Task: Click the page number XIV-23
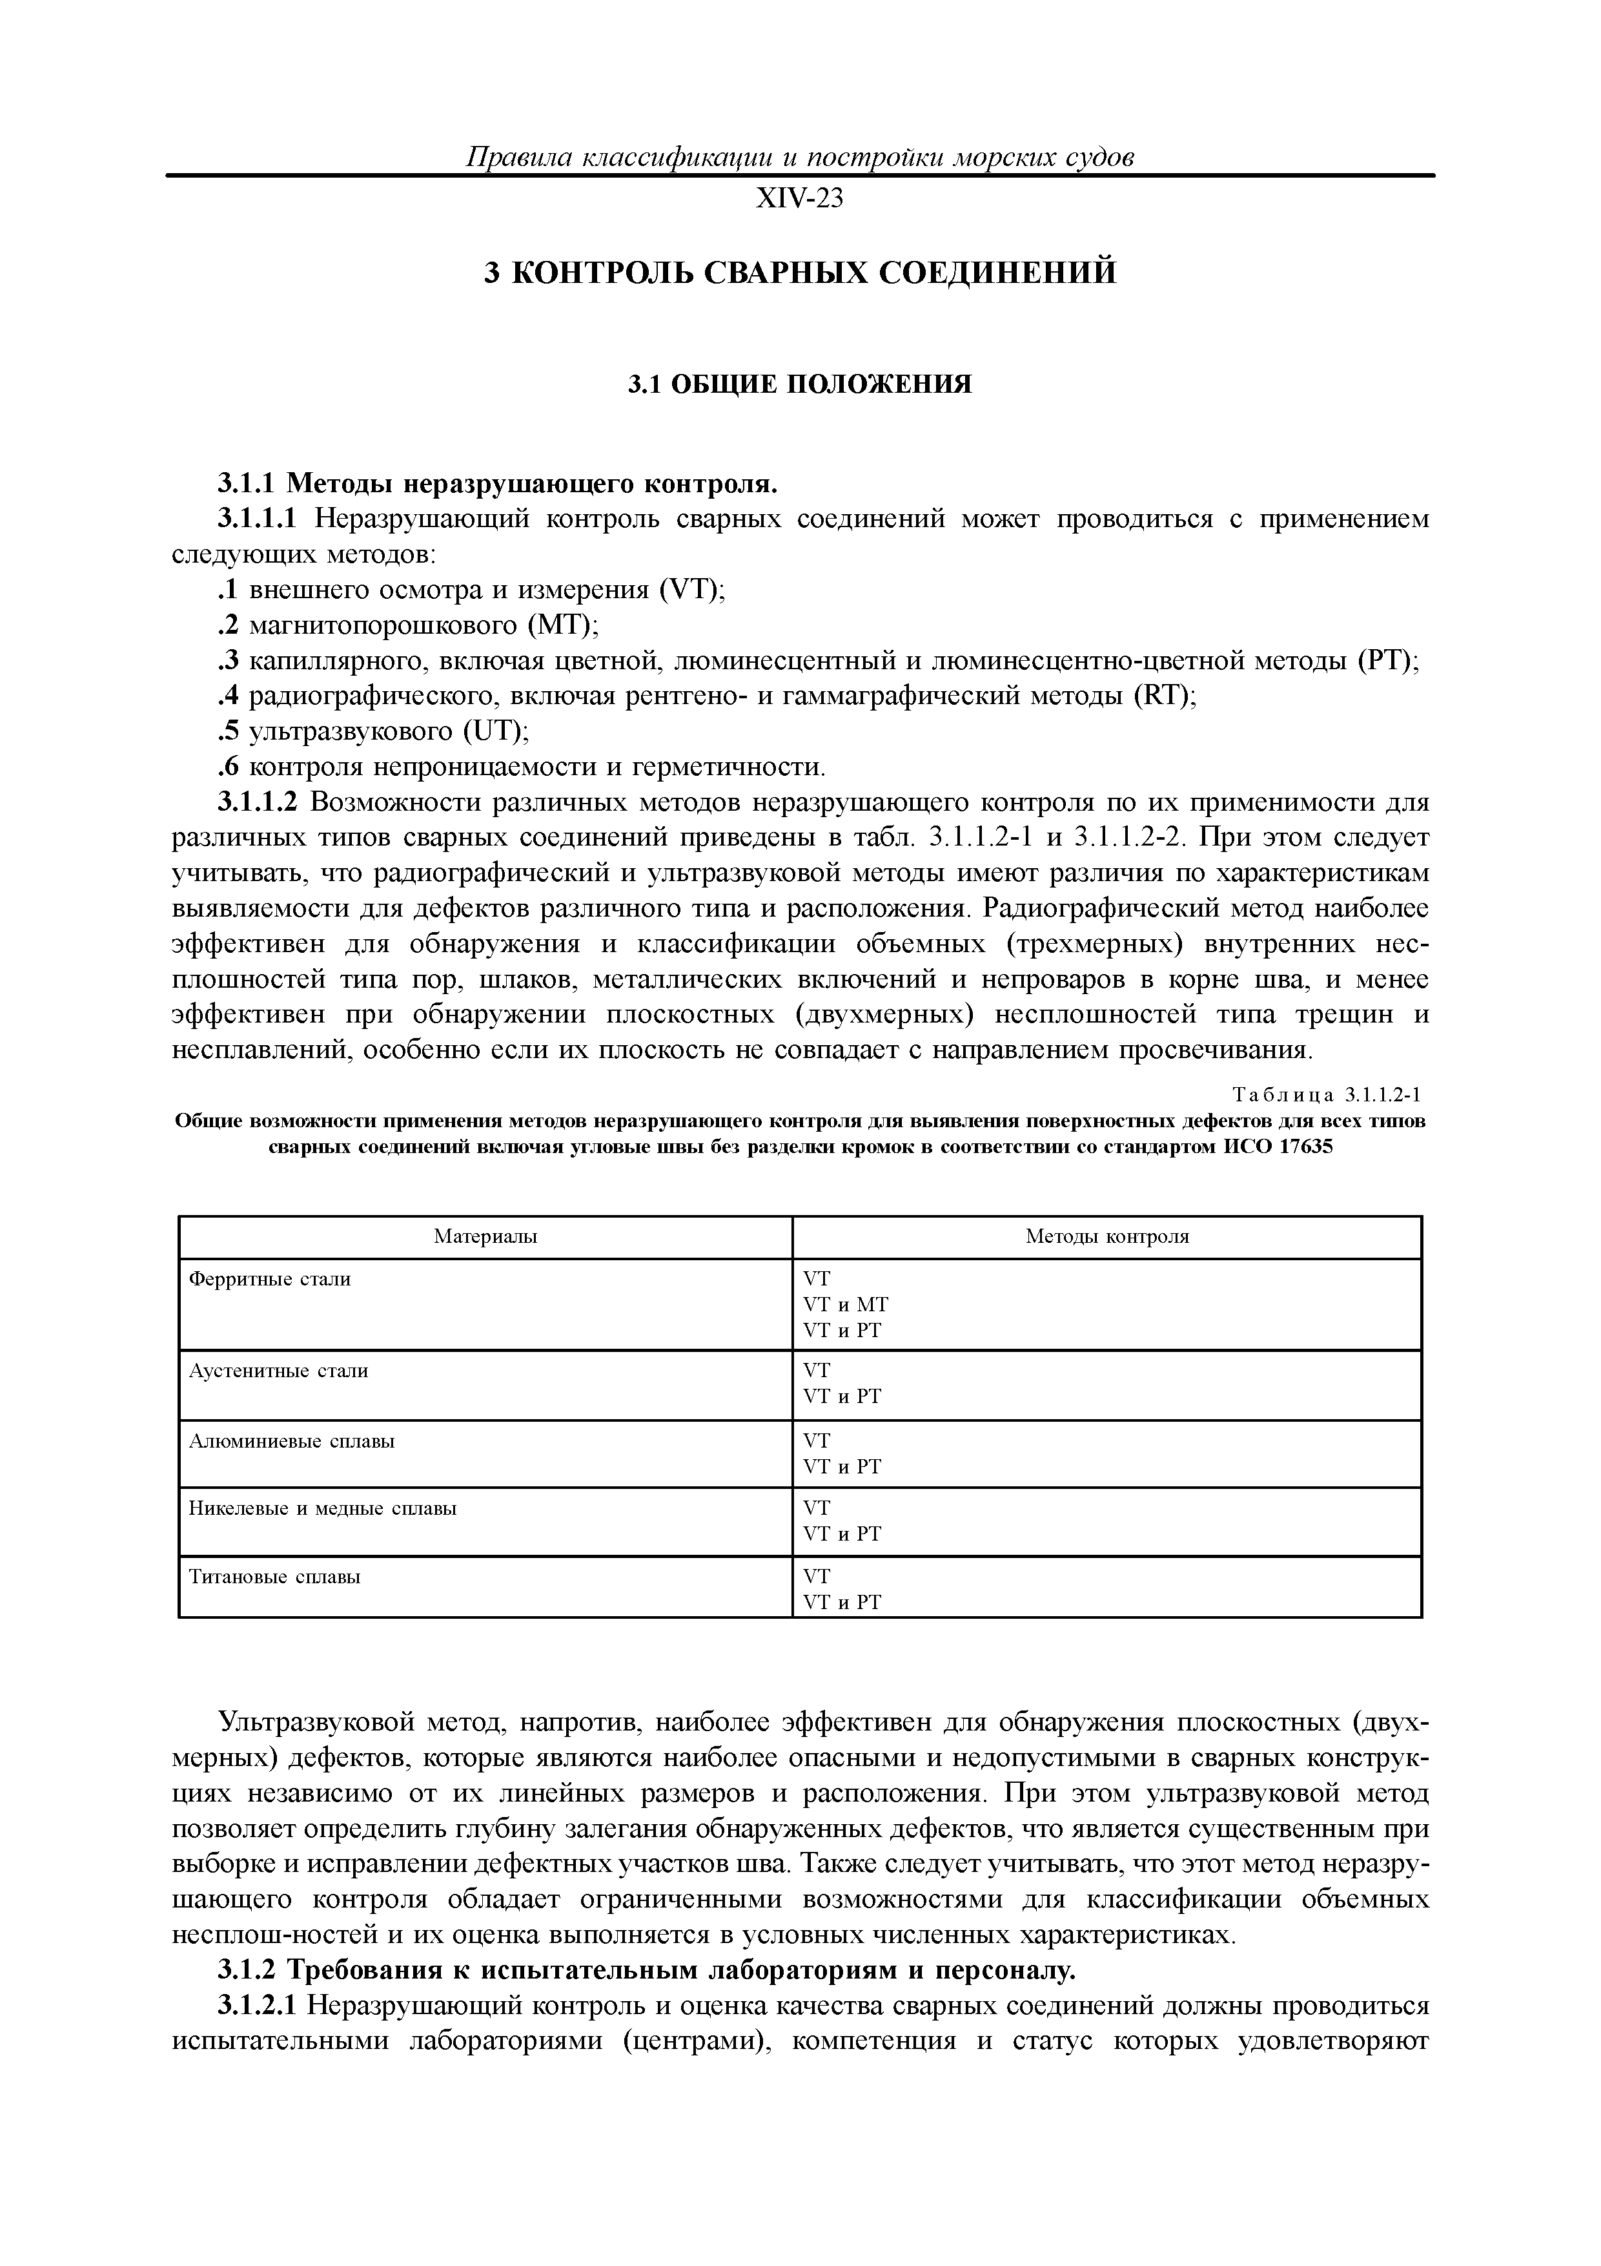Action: pyautogui.click(x=799, y=200)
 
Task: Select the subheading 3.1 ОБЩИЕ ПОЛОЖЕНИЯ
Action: pyautogui.click(x=800, y=384)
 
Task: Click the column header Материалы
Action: pyautogui.click(x=485, y=1236)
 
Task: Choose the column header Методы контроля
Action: pyautogui.click(x=1106, y=1236)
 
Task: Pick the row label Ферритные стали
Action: pyautogui.click(x=269, y=1279)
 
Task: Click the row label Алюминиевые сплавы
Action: pyautogui.click(x=291, y=1441)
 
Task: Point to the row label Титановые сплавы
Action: pyautogui.click(x=274, y=1576)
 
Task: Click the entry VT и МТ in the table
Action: pyautogui.click(x=846, y=1305)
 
